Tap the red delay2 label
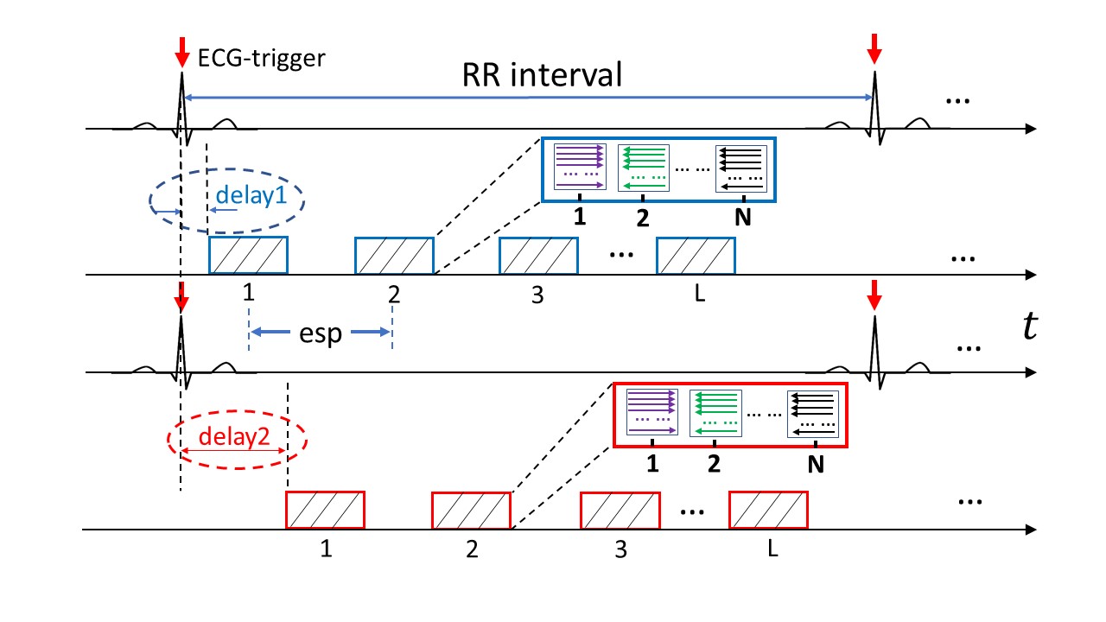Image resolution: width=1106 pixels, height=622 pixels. (234, 436)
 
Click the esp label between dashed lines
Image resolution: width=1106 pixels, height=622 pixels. (321, 333)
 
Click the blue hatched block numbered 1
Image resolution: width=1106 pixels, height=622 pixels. (248, 255)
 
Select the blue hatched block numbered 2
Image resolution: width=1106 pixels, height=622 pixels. (394, 255)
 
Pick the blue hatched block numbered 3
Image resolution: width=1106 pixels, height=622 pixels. (539, 255)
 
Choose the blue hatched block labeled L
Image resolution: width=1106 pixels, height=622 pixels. (696, 255)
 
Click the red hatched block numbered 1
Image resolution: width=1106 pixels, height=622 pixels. (325, 509)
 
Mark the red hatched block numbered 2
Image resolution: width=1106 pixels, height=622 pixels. (471, 509)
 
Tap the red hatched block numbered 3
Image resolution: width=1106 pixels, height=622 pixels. (620, 509)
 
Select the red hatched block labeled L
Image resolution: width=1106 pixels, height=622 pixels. (768, 509)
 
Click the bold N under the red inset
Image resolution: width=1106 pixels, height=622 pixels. (814, 465)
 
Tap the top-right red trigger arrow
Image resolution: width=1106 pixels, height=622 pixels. (874, 48)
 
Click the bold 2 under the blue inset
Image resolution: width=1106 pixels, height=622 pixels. (642, 219)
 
